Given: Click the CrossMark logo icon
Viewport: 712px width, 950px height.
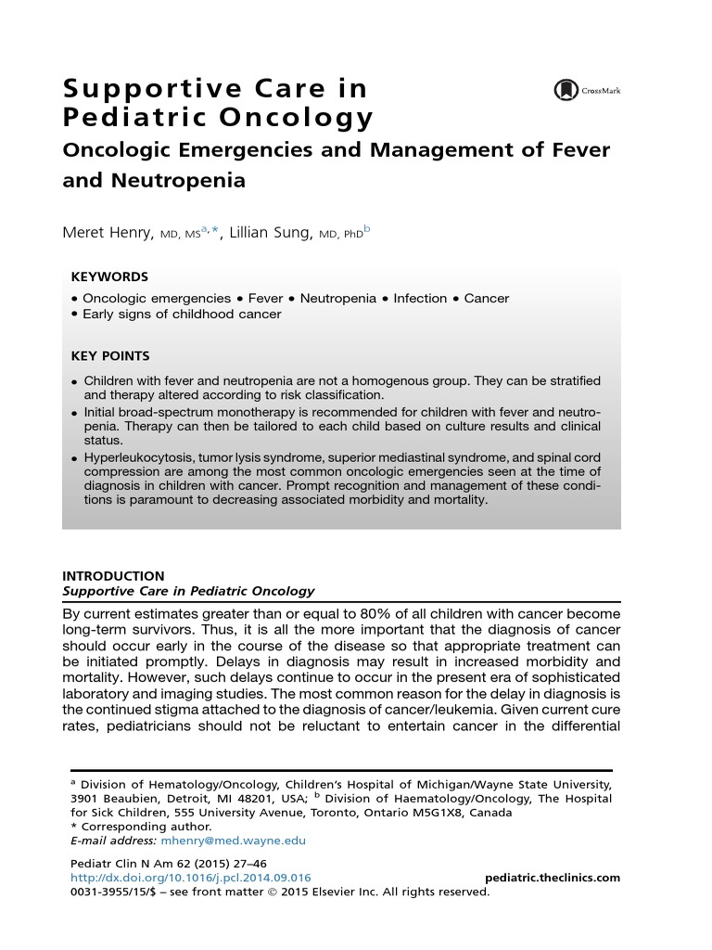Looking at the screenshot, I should pos(565,90).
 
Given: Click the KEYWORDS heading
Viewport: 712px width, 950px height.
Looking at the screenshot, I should pos(109,277).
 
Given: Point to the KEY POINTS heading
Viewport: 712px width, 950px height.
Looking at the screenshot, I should pos(110,356).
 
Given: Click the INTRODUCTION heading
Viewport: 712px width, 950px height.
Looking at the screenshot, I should pos(113,576).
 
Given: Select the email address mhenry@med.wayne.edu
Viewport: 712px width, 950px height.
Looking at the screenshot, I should pos(233,841).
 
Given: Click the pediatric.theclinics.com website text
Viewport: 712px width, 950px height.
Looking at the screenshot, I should pos(553,878).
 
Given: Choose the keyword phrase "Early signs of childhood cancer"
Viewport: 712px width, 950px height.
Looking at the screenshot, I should pos(182,314).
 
